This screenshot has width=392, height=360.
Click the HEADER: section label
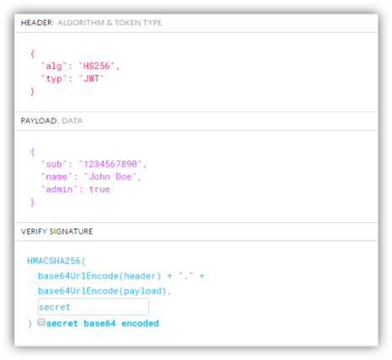pos(37,23)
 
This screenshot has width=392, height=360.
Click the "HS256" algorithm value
pos(97,66)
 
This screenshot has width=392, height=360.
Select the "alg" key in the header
pos(54,66)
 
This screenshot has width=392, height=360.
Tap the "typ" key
pos(54,79)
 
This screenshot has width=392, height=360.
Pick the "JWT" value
pos(91,78)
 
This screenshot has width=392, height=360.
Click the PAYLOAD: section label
pos(40,121)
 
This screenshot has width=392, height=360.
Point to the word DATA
pos(72,121)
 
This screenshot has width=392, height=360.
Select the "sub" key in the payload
pos(54,164)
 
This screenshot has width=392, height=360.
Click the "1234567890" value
pos(110,164)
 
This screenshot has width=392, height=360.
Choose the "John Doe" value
pos(110,177)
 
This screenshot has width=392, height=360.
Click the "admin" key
pos(59,189)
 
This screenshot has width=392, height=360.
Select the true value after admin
pos(99,189)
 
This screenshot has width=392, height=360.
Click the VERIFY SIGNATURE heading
pos(56,231)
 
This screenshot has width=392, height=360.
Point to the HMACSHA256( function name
pos(56,261)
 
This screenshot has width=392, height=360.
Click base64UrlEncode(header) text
pos(99,276)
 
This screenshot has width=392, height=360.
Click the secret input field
pos(93,307)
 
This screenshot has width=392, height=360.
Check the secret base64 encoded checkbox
pos(41,322)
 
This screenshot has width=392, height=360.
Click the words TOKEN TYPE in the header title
pos(138,23)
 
